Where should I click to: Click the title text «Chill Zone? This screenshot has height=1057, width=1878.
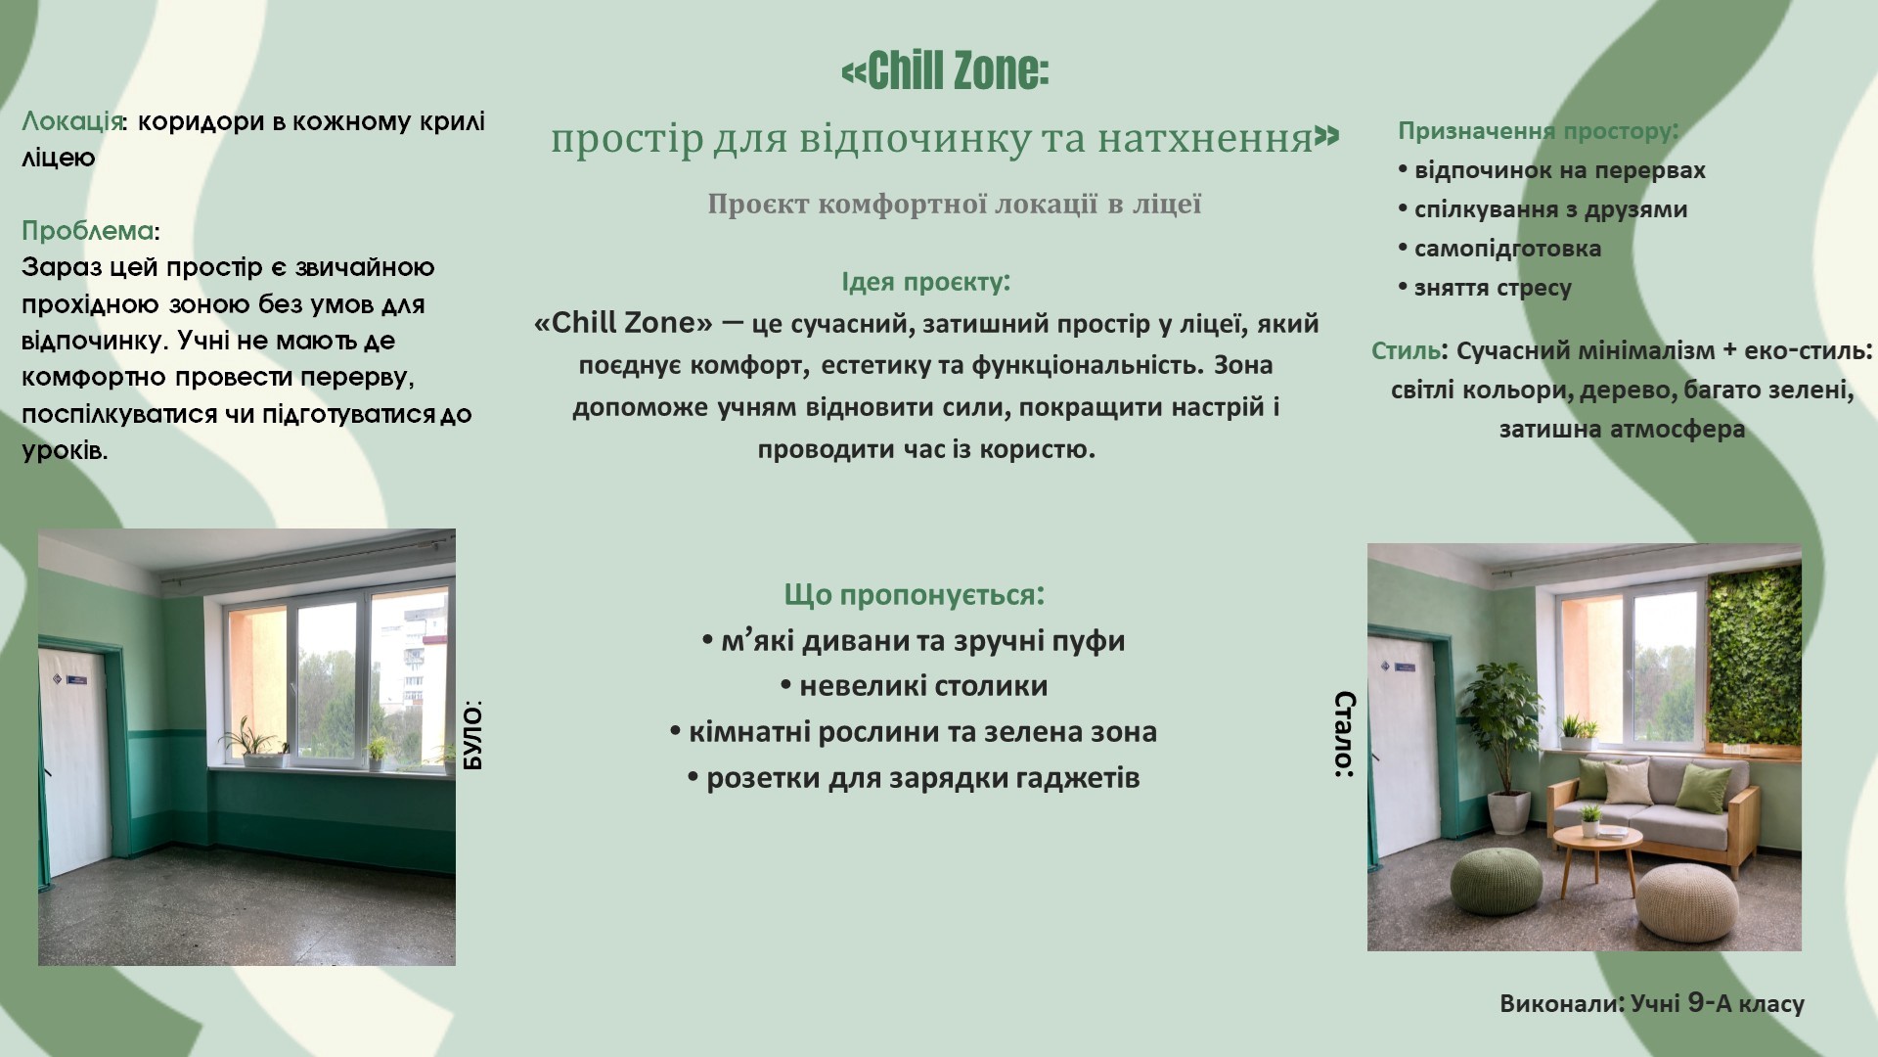pos(945,70)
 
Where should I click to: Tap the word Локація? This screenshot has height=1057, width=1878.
pos(72,122)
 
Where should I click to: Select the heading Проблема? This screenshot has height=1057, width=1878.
pos(88,231)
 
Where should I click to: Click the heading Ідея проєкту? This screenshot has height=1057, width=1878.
pos(925,282)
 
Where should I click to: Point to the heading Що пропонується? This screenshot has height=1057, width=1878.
pos(915,595)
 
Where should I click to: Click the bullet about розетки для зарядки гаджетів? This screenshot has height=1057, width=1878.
pos(914,778)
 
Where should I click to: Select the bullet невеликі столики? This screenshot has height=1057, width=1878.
pos(915,686)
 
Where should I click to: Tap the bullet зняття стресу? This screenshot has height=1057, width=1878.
pos(1485,288)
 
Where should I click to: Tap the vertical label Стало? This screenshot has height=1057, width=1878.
pos(1345,734)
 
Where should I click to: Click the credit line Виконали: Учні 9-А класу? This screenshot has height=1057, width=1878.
pos(1652,1003)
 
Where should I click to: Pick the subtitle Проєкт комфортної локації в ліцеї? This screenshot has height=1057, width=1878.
pos(954,205)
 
